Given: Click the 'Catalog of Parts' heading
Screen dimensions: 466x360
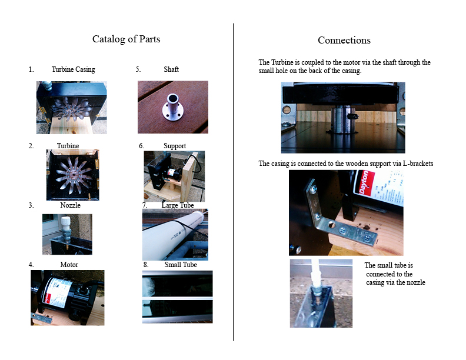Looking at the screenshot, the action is coord(126,39).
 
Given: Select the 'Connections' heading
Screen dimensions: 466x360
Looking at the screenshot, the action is coord(344,40).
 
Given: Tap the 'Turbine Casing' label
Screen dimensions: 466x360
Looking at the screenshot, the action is coord(74,69).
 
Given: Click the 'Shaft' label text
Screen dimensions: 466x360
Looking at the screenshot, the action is coord(171,69).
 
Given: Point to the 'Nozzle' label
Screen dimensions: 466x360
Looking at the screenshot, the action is coord(70,205).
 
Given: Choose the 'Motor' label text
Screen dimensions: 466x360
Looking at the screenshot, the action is coord(69,265).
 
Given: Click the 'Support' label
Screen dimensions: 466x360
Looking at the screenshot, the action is coord(175,146).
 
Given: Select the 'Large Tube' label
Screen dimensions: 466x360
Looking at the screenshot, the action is coord(178,205).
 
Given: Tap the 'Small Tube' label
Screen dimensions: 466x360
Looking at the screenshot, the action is coord(181,265).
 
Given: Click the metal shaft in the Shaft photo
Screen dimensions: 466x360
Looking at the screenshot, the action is coord(172,107).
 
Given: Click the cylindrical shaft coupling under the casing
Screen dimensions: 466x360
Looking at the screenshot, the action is coord(343,119).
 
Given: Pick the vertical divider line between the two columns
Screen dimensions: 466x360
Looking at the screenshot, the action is coord(234,182).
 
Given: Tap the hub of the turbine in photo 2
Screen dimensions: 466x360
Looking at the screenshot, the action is coord(72,175).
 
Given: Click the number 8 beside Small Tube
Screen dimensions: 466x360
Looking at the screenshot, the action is coord(146,265).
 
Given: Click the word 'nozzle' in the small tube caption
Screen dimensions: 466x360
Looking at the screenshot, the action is coord(415,282).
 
